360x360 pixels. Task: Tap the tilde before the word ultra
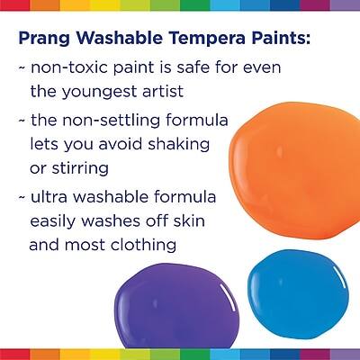tap(21, 194)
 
